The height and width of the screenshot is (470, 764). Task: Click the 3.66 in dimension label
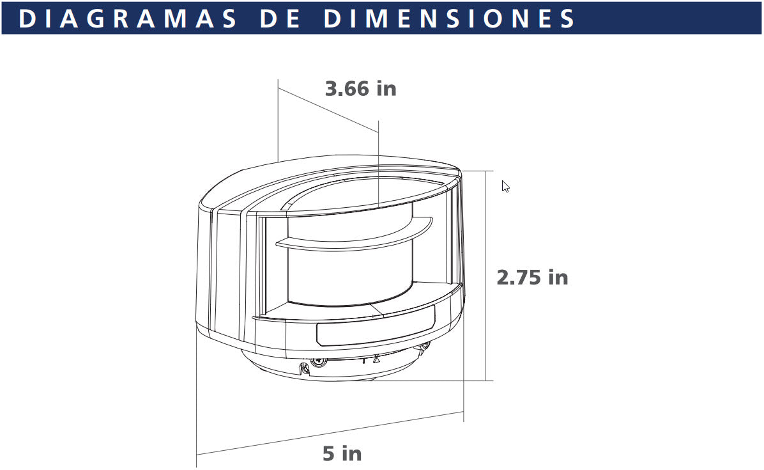coord(360,88)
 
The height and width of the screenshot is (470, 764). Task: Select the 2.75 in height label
coord(532,278)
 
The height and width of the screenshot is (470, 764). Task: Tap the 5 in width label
coord(342,453)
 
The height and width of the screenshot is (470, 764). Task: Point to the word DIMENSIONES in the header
coord(449,19)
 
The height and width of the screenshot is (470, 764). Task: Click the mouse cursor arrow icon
coord(505,186)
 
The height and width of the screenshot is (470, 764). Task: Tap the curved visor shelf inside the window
coord(354,235)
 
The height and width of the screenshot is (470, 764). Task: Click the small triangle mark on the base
coord(376,359)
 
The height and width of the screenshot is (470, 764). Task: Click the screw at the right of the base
coord(424,349)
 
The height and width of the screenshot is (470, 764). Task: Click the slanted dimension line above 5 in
coord(330,434)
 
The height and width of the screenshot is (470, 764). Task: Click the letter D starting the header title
coord(26,19)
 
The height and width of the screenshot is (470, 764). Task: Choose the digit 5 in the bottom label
coord(329,453)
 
